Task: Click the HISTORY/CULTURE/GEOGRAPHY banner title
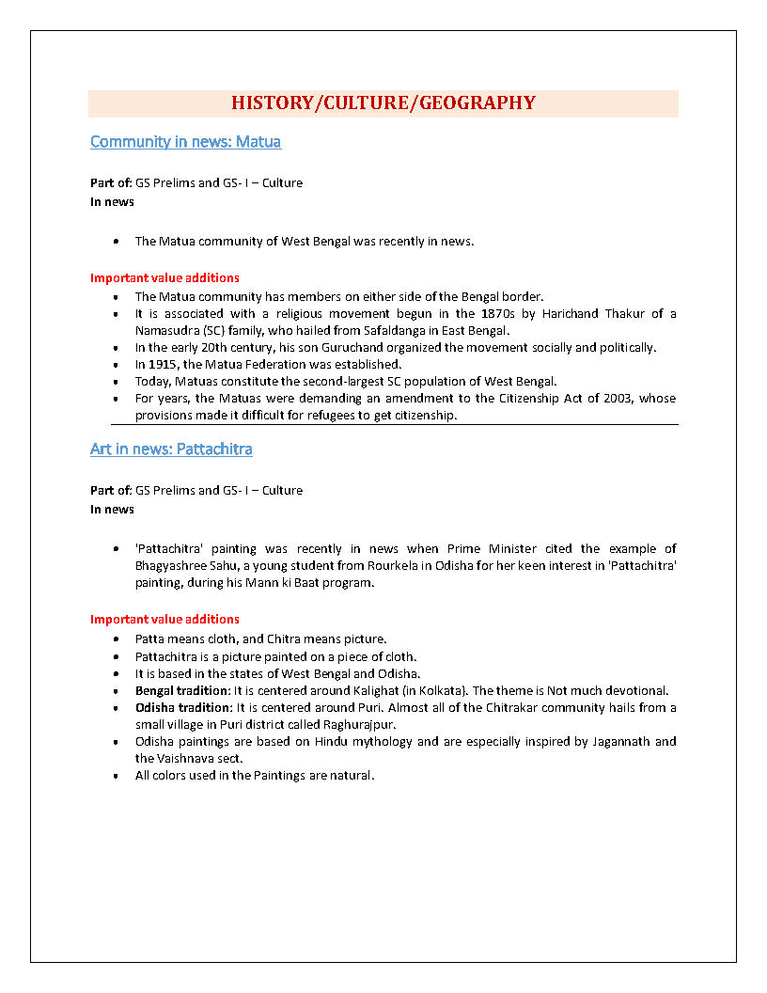click(x=383, y=103)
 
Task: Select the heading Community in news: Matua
click(x=185, y=142)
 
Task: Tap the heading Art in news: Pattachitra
click(x=171, y=449)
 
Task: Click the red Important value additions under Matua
click(x=164, y=277)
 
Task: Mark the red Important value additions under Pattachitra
click(x=164, y=619)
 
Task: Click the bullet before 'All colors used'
click(x=115, y=776)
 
